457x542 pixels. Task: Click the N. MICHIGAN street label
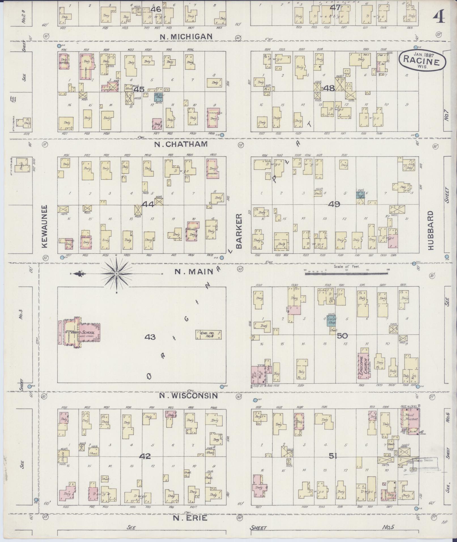point(186,37)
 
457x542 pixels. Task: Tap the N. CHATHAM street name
point(181,144)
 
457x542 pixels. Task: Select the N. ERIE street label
point(190,518)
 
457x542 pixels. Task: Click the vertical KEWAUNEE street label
point(45,227)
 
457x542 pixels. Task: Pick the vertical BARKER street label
point(239,231)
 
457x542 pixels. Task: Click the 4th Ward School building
point(81,332)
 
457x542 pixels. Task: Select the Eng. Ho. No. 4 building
point(208,335)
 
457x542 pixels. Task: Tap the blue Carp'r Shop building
point(331,320)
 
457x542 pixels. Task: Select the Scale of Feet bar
point(346,274)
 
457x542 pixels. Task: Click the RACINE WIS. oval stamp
point(422,60)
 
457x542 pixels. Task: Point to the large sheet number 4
point(439,18)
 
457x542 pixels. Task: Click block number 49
point(334,204)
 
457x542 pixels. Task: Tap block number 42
point(145,456)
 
